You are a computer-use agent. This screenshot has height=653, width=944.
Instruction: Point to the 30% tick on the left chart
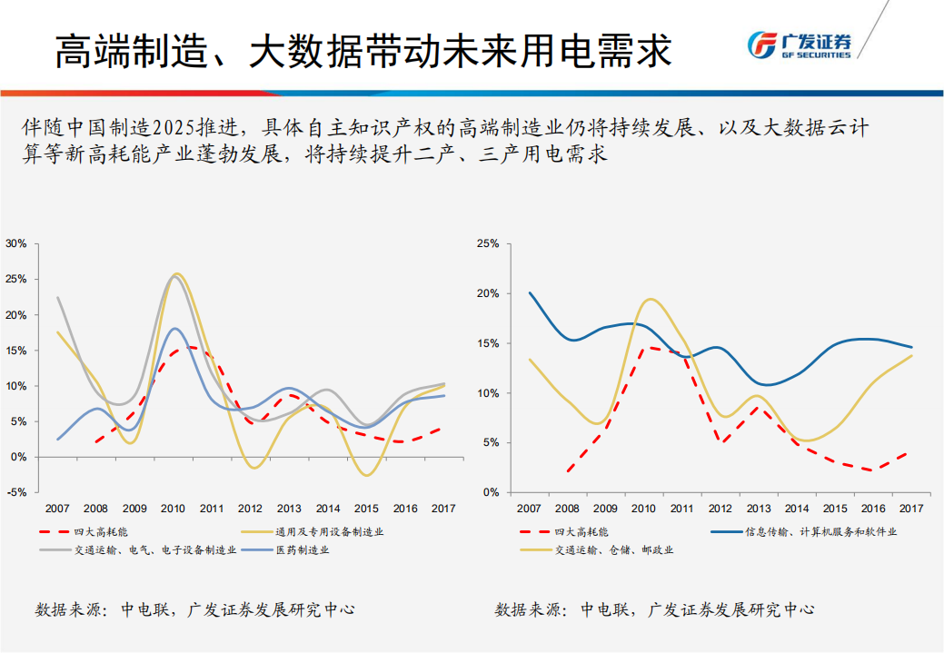click(15, 243)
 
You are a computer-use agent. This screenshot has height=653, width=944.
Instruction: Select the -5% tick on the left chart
click(15, 492)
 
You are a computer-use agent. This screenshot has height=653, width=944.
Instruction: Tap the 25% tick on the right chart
click(489, 244)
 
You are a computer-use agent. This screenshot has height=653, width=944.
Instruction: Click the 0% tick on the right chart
click(492, 492)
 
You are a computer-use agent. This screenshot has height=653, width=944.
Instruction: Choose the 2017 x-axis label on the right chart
click(911, 509)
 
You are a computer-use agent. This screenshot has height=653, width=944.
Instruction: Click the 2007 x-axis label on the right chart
click(529, 509)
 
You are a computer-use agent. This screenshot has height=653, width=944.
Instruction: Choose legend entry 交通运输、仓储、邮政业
click(618, 549)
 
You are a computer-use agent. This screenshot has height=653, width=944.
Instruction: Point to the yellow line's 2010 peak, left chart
click(176, 273)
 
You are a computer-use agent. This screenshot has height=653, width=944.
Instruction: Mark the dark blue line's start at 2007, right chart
click(530, 292)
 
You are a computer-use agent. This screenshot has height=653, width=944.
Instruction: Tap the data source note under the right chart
click(654, 609)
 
